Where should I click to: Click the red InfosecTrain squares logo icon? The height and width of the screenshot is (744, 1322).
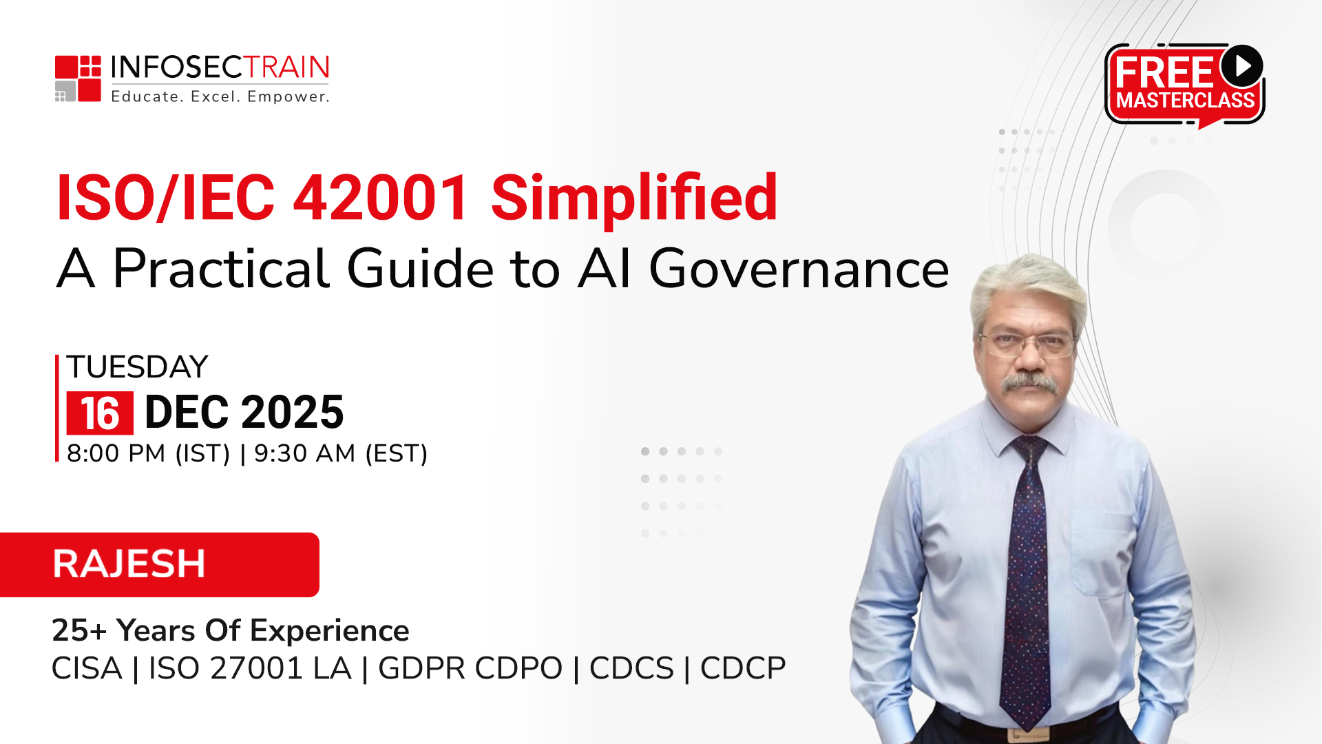(78, 79)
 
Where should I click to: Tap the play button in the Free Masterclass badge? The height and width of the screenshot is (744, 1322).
(1242, 66)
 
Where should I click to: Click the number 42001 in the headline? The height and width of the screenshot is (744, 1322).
(381, 198)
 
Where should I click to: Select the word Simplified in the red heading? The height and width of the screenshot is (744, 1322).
(634, 198)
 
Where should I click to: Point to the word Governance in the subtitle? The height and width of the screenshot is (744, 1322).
(799, 269)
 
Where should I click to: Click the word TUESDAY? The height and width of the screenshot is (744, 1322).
(137, 367)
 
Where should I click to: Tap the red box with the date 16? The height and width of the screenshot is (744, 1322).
(100, 413)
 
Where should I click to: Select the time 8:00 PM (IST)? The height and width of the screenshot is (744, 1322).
(149, 453)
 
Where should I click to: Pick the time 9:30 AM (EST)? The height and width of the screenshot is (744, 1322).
(341, 453)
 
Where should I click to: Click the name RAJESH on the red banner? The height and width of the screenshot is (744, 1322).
(129, 564)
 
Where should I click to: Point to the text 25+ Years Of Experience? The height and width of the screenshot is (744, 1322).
(231, 630)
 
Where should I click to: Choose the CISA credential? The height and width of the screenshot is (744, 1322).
(87, 668)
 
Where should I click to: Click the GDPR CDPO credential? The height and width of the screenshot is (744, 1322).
(470, 668)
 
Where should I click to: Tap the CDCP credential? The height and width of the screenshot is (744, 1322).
(743, 668)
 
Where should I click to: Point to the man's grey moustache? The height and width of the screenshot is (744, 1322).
(1029, 383)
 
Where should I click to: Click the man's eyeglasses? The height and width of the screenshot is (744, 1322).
(1027, 344)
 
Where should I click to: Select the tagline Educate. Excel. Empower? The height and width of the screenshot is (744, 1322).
(220, 96)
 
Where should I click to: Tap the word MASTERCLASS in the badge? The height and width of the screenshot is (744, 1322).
(1185, 101)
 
